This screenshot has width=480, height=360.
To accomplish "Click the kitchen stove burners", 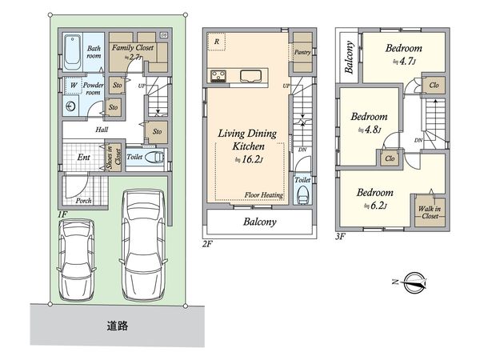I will coord(218,76).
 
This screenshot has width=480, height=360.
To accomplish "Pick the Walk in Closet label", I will coord(427,211).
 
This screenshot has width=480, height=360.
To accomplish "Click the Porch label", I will coord(82,201).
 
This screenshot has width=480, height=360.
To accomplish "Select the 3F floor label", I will coord(341,237).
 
